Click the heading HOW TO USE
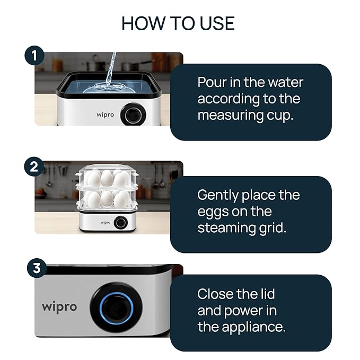pyautogui.click(x=178, y=23)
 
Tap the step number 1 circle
pyautogui.click(x=34, y=55)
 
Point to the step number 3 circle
pyautogui.click(x=37, y=268)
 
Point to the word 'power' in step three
pyautogui.click(x=250, y=310)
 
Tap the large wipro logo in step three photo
pyautogui.click(x=59, y=307)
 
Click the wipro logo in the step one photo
pyautogui.click(x=105, y=114)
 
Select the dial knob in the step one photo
pyautogui.click(x=133, y=114)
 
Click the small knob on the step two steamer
pyautogui.click(x=121, y=223)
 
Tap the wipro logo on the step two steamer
pyautogui.click(x=105, y=223)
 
